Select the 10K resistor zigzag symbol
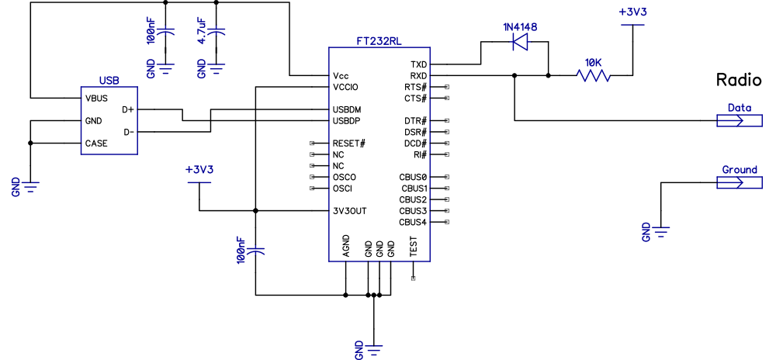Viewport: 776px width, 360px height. (x=593, y=75)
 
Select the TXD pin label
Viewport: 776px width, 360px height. (x=419, y=64)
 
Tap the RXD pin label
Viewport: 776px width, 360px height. (x=419, y=76)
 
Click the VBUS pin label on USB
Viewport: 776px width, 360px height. (x=96, y=99)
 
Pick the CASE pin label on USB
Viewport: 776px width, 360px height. (x=96, y=144)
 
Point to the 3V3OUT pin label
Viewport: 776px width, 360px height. (x=349, y=211)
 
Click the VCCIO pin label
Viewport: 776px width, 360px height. (x=345, y=88)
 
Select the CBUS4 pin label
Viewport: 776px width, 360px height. (x=413, y=223)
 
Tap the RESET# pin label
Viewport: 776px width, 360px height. (x=348, y=144)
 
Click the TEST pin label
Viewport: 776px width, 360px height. (x=414, y=247)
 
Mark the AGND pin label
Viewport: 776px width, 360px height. (x=346, y=247)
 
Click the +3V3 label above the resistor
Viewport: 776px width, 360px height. (x=633, y=13)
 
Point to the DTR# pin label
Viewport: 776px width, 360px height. (x=416, y=121)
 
